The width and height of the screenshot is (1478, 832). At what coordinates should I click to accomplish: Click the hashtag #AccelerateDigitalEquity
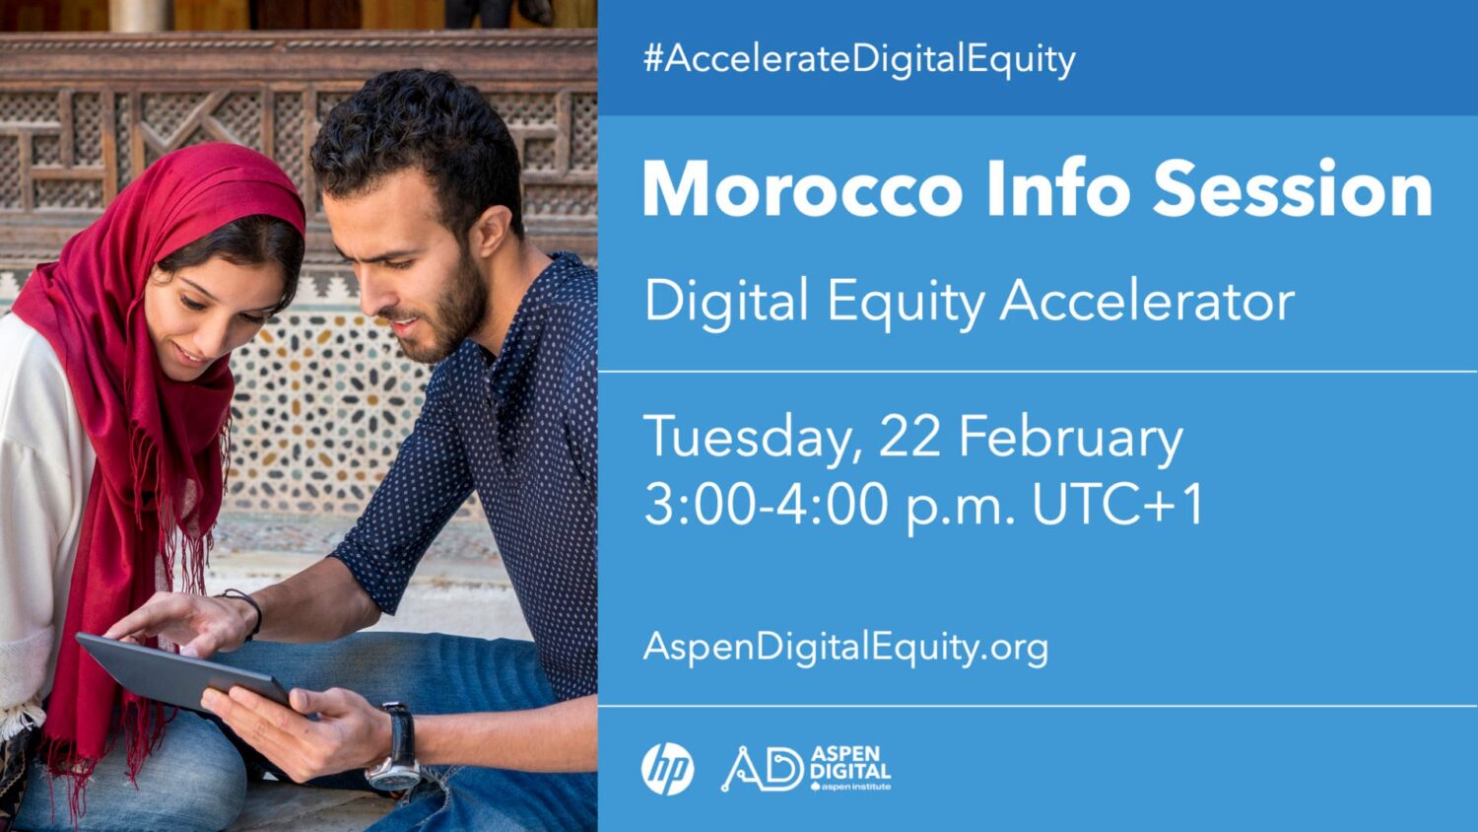point(859,60)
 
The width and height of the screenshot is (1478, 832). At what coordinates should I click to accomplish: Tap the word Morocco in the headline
point(802,190)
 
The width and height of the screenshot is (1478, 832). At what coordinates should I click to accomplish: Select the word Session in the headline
point(1293,189)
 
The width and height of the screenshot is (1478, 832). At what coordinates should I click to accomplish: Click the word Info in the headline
point(1057,188)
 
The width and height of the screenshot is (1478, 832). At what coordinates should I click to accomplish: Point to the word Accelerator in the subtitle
point(1148,301)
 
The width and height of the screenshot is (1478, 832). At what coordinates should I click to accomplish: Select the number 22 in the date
point(909,436)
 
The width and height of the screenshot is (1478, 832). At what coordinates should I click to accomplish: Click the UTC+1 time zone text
point(1117,504)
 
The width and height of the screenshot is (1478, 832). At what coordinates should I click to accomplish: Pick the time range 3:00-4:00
point(766,504)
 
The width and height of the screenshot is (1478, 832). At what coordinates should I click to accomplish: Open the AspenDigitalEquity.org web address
point(845,647)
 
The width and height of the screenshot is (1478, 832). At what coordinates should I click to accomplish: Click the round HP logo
point(667,769)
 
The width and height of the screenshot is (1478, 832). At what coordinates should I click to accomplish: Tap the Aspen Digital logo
point(806,769)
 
